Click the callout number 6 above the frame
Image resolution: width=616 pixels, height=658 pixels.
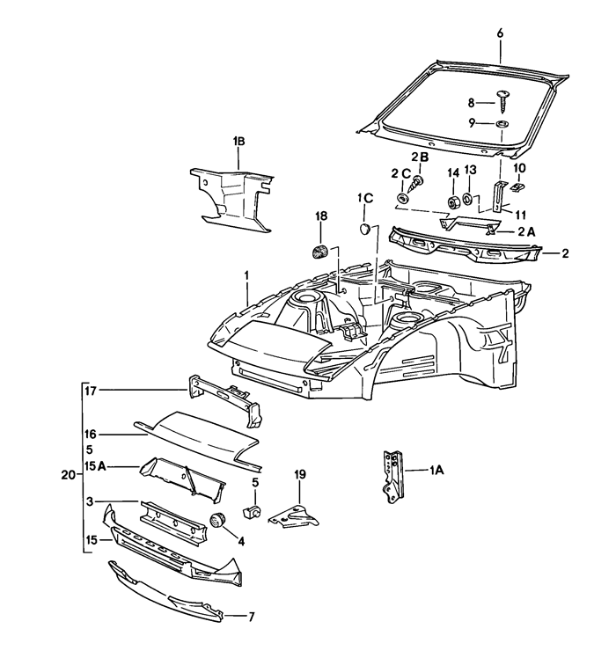click(x=500, y=33)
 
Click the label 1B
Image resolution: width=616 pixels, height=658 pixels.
click(x=238, y=141)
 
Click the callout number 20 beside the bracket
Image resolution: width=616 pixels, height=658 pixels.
click(x=68, y=475)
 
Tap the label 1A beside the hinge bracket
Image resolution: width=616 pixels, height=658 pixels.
click(x=436, y=471)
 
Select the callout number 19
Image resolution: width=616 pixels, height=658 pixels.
click(x=299, y=475)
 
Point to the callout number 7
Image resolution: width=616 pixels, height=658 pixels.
click(x=251, y=617)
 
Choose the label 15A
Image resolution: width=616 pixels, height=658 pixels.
click(x=96, y=465)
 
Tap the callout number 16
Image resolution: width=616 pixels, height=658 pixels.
click(x=90, y=434)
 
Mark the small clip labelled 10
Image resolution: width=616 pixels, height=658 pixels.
click(x=518, y=186)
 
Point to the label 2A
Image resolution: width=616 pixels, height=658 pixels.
click(x=527, y=230)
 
